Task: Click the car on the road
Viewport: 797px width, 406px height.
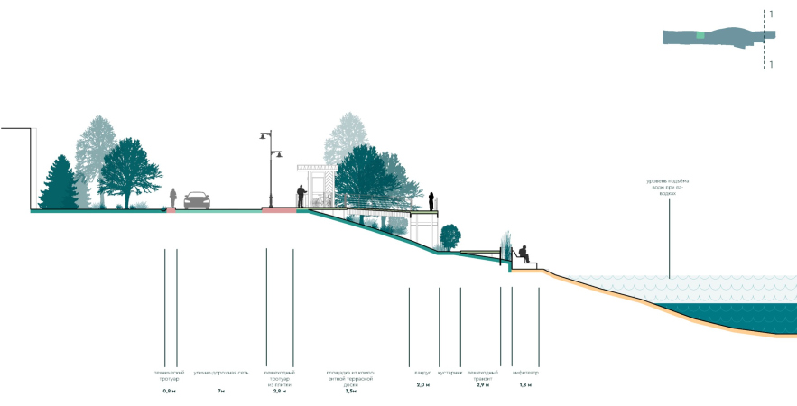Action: coord(197,200)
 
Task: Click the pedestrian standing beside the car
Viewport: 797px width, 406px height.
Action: coord(173,198)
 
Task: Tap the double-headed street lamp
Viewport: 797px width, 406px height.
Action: coord(269,168)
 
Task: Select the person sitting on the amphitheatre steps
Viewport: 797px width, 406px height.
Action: coord(524,254)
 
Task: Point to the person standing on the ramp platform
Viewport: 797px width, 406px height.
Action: coord(432,201)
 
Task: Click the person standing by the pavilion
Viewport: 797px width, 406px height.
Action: coord(302,195)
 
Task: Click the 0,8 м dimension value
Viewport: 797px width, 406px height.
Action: coord(169,391)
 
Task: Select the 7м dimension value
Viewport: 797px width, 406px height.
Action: coord(221,391)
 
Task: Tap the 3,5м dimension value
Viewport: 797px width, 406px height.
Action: coord(350,391)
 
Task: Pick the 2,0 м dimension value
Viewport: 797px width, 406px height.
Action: coord(423,385)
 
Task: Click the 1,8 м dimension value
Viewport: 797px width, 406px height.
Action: coord(525,385)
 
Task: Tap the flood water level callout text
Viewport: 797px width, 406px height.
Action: coord(669,185)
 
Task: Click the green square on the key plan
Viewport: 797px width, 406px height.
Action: coord(700,35)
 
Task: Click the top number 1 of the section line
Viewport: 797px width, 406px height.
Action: coord(771,14)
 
